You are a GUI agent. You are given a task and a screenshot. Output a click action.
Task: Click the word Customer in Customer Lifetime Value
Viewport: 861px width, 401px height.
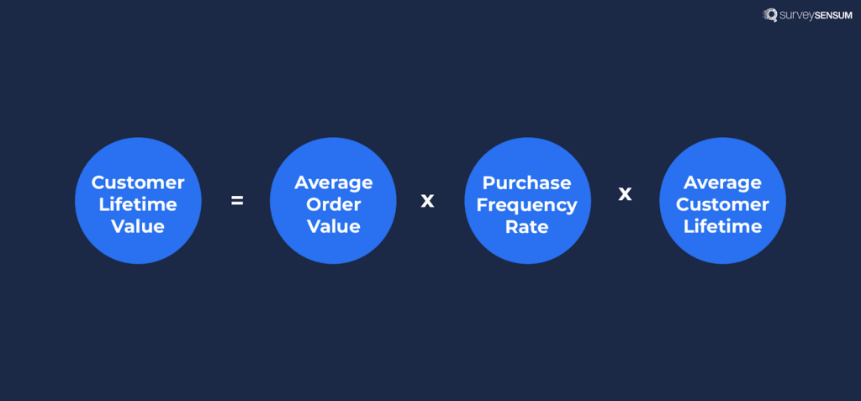click(x=138, y=182)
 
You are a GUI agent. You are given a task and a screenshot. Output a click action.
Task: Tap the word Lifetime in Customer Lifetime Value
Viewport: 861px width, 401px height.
click(x=138, y=204)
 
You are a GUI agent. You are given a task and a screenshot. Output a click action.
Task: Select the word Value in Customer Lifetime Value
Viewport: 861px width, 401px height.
click(x=138, y=226)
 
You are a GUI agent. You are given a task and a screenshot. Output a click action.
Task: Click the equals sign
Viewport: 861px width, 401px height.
click(x=237, y=200)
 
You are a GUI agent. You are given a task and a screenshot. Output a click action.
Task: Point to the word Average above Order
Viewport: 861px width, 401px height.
click(x=333, y=182)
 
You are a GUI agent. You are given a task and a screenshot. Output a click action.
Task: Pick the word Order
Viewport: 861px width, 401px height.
click(x=333, y=204)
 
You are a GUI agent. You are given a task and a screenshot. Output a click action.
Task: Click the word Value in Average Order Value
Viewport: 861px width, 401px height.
click(x=333, y=226)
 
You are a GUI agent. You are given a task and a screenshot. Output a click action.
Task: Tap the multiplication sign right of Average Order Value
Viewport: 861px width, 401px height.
click(x=427, y=200)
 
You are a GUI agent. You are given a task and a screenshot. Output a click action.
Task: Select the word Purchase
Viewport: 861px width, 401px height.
click(x=527, y=182)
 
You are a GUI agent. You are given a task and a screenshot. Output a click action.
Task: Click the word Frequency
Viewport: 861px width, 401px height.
click(x=527, y=204)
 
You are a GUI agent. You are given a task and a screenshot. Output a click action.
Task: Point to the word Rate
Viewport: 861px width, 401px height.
click(x=527, y=226)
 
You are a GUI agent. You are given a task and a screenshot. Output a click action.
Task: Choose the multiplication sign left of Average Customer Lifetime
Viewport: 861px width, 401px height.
click(x=625, y=193)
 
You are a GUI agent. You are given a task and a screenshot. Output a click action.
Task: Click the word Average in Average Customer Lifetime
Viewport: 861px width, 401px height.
click(x=722, y=182)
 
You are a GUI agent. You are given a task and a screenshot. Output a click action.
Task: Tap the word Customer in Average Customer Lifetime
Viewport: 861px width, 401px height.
click(x=722, y=204)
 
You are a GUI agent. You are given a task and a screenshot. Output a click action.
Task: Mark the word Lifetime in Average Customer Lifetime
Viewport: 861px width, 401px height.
click(x=722, y=226)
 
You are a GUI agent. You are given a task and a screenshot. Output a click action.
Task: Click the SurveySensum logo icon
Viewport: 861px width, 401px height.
click(x=769, y=14)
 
